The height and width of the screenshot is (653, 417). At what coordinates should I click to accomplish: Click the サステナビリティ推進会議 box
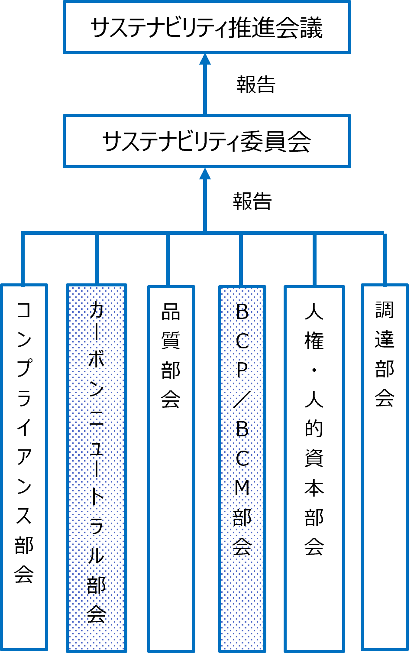pos(207,28)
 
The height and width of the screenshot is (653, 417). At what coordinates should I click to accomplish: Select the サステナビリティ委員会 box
pos(207,141)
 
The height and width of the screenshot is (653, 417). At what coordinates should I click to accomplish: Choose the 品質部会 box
pos(171,468)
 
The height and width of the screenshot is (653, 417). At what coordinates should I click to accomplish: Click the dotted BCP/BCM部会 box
pos(242,468)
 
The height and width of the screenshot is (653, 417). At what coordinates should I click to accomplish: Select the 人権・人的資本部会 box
pos(314,468)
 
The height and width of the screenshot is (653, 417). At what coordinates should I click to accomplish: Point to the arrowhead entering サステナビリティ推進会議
pos(205,60)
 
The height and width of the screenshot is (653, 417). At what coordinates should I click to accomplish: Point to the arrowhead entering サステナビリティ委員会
pos(205,174)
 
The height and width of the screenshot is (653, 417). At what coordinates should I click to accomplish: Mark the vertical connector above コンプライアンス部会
pos(23,259)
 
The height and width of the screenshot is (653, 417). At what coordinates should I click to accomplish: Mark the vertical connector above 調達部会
pos(385,259)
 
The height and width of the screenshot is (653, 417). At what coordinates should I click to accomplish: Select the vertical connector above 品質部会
pos(168,259)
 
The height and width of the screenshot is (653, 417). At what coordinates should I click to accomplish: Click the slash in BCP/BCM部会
pos(242,400)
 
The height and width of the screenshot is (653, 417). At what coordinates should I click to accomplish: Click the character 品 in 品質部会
pos(171,312)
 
